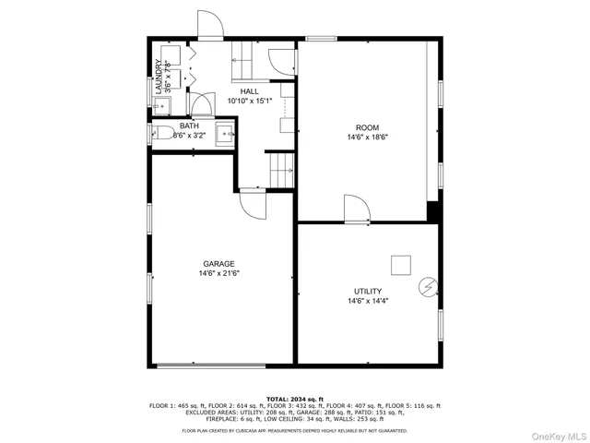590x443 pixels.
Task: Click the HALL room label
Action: pos(249,91)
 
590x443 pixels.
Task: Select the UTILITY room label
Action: pos(368,291)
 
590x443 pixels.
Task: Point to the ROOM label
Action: pos(368,127)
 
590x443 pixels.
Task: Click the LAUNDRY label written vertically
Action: pos(158,78)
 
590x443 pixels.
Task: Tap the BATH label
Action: pos(189,126)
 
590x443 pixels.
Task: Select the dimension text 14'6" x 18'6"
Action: pos(368,138)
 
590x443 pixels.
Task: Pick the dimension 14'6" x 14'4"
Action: pos(368,301)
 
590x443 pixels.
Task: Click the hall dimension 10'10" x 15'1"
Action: pos(249,102)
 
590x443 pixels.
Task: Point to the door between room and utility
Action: pos(355,210)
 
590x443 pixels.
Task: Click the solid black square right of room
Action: pos(432,211)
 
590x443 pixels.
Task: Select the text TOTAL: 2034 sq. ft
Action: pos(295,398)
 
